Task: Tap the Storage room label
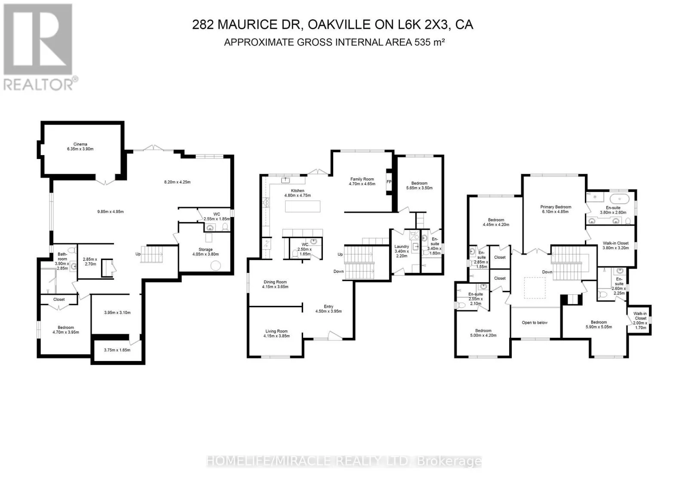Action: click(x=206, y=249)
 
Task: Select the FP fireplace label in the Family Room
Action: click(x=389, y=182)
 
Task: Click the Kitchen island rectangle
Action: click(x=303, y=207)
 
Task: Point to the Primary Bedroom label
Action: click(x=556, y=207)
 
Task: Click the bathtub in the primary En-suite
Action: click(x=620, y=199)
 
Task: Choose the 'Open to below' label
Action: click(x=534, y=322)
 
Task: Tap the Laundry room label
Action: click(x=402, y=246)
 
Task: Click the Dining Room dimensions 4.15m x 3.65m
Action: click(x=275, y=287)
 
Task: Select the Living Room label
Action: click(x=276, y=331)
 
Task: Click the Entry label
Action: click(x=329, y=306)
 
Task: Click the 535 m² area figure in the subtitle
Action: click(x=430, y=42)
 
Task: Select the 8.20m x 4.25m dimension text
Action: click(x=177, y=182)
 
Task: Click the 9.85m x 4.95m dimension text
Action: click(x=110, y=211)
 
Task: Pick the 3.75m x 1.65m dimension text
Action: click(x=117, y=350)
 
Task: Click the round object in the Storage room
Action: click(x=215, y=266)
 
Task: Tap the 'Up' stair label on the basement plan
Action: click(x=138, y=254)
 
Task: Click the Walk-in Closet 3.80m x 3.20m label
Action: click(x=615, y=245)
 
